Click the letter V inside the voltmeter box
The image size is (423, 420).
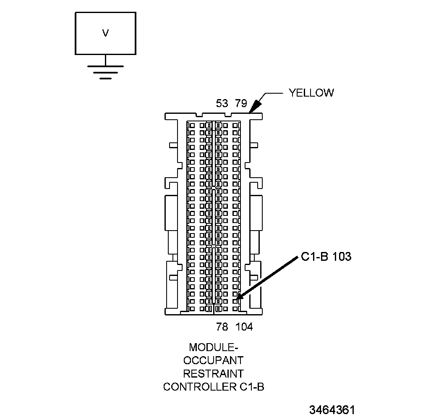pos(105,33)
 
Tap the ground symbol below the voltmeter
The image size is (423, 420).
pos(105,72)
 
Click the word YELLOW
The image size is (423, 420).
pos(311,93)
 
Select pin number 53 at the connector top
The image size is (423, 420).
pos(222,104)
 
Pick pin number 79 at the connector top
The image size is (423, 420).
pos(241,104)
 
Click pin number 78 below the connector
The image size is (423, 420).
pos(222,326)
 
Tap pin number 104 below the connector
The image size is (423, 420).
pos(244,326)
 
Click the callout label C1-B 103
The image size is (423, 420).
pos(326,257)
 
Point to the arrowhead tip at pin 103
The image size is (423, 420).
pos(238,299)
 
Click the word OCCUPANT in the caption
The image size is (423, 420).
pos(214,360)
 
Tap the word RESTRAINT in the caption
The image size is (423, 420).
pos(214,373)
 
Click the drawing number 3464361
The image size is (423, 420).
pos(332,410)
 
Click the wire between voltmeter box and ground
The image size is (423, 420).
pos(105,60)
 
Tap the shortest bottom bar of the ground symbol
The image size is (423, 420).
pos(105,78)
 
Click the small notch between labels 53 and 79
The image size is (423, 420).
pos(228,115)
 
